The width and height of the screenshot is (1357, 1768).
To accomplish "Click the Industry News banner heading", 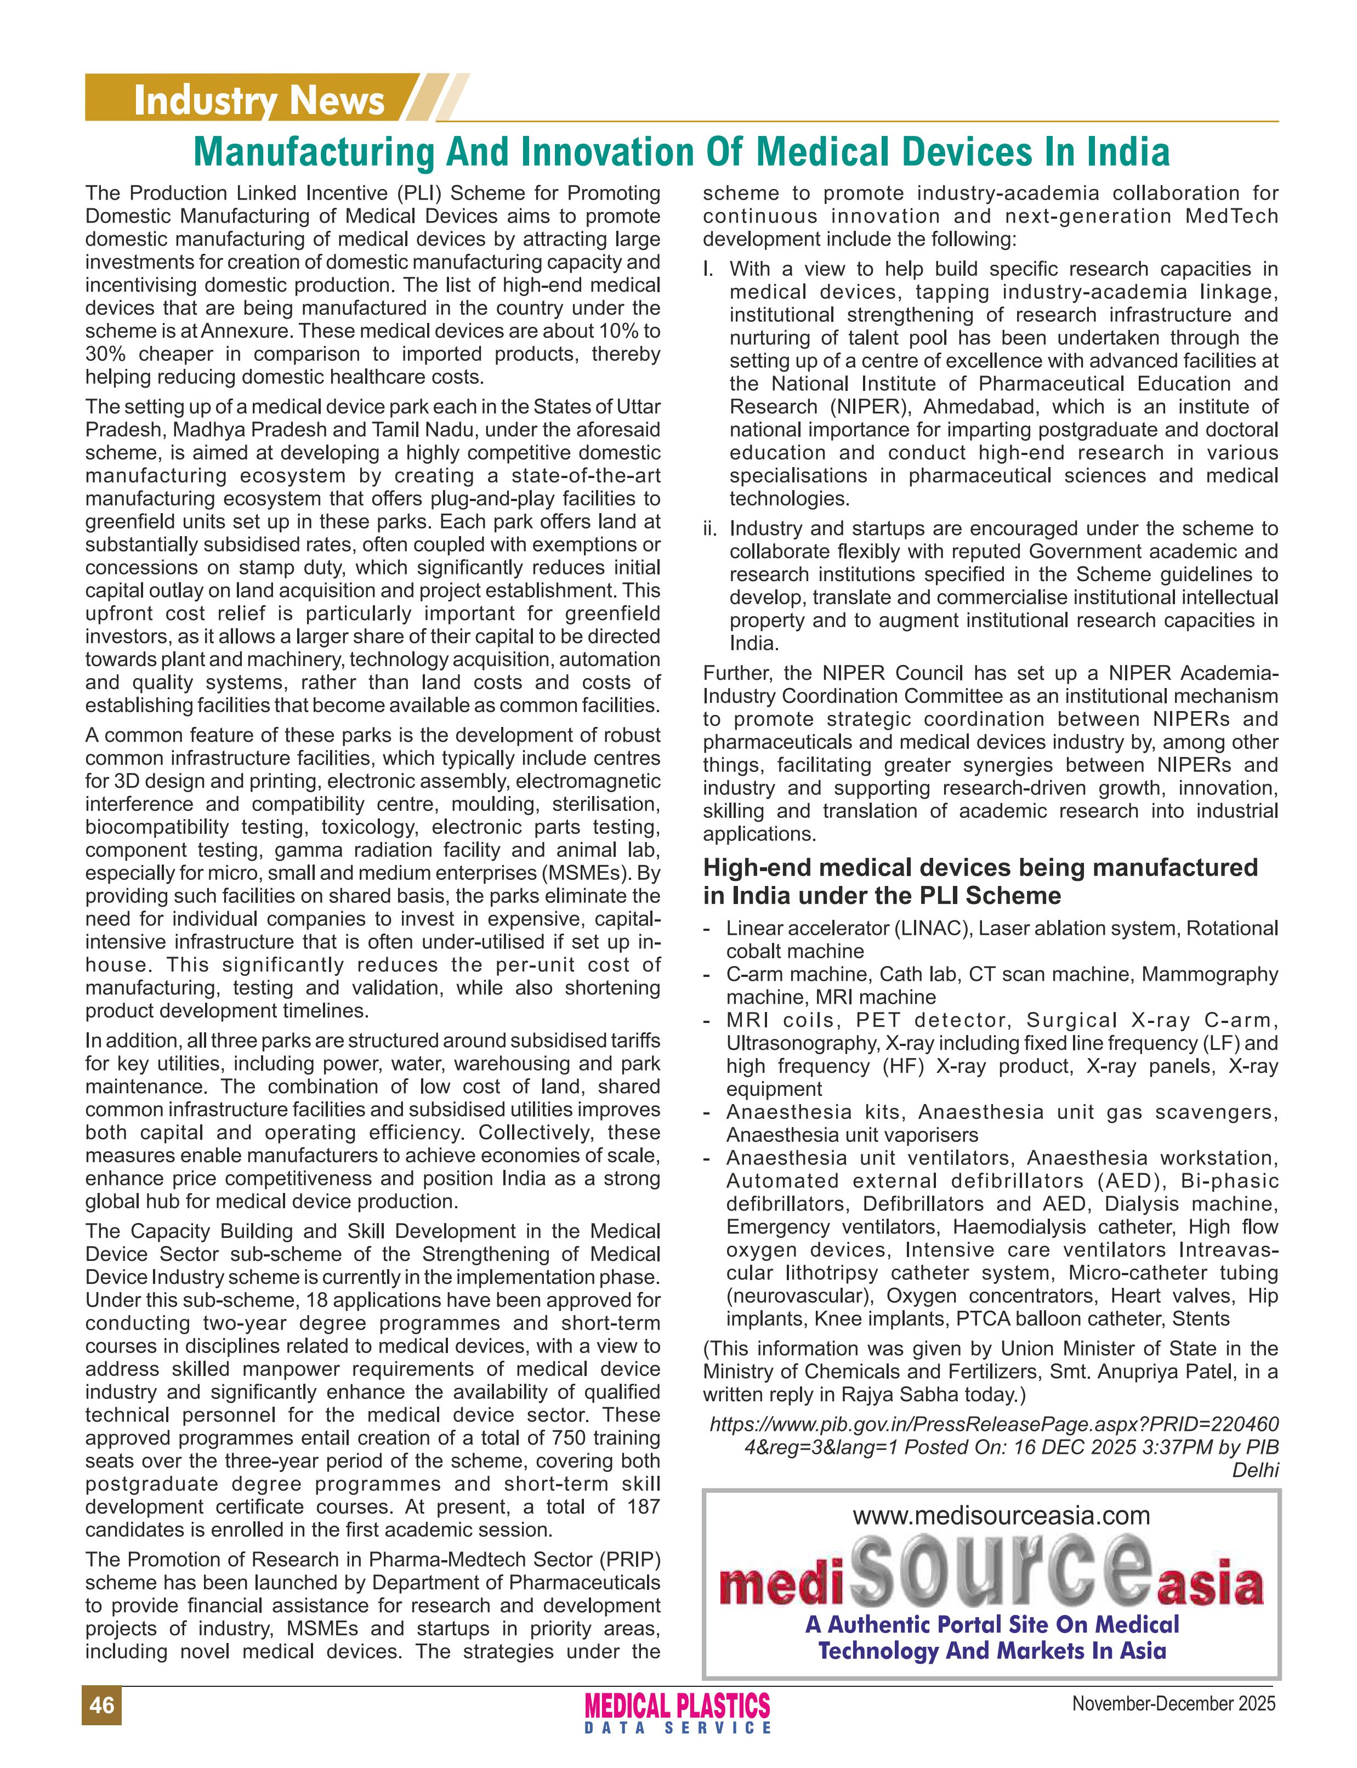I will [x=258, y=101].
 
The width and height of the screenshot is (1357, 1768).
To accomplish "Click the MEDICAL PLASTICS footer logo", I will [x=677, y=1706].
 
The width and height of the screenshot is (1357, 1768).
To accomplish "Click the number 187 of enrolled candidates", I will [x=643, y=1507].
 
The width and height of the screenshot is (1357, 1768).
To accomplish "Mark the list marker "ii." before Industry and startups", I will [x=711, y=529].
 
